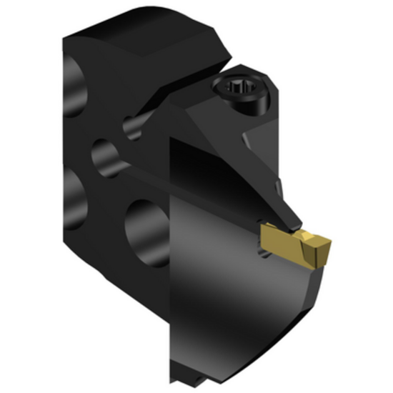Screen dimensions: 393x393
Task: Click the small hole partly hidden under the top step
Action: tap(132, 126)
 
